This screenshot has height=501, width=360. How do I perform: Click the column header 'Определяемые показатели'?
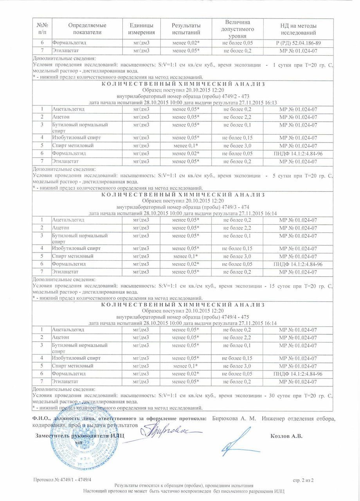pos(87,29)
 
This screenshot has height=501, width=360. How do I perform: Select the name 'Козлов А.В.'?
pos(286,436)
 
